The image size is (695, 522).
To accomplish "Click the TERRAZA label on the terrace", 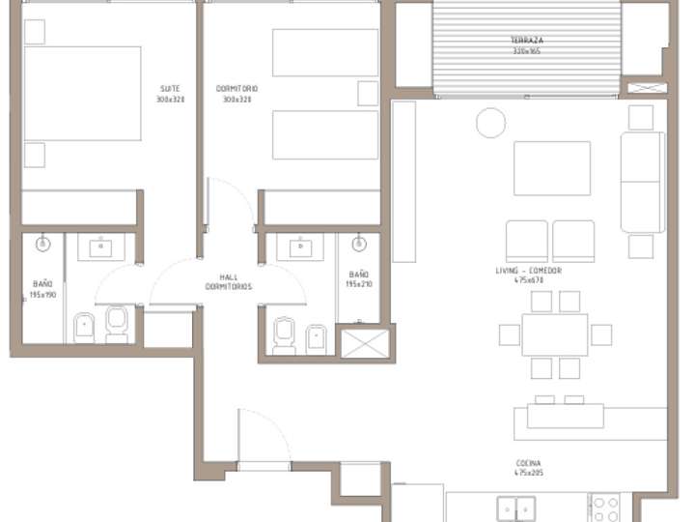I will [x=527, y=43].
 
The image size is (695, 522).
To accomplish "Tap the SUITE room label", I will [x=170, y=94].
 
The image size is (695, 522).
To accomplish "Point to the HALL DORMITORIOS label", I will [x=229, y=281].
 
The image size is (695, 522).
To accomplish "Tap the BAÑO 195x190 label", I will [x=42, y=288].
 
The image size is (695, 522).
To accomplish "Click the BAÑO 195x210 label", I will [x=358, y=279].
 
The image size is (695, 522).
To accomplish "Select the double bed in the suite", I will [x=82, y=93].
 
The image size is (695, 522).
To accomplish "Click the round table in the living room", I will [x=490, y=123].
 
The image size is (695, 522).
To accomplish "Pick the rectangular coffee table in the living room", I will [x=551, y=168].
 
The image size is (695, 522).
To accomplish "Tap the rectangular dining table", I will [x=555, y=334].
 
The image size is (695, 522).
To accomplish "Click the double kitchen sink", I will [x=516, y=508].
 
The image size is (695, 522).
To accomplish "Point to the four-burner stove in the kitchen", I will [x=605, y=508].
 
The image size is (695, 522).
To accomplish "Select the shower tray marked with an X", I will [x=365, y=343].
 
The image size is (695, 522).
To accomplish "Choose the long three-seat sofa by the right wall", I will [x=642, y=182].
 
